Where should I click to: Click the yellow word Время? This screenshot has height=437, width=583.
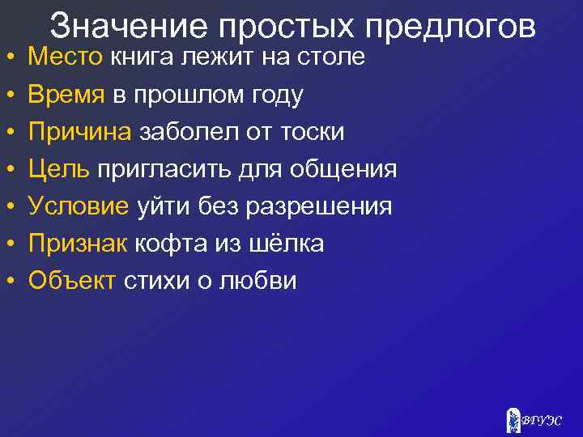coord(66,95)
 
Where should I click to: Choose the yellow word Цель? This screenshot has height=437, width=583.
coord(59,170)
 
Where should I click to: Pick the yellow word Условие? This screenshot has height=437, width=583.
coord(79,207)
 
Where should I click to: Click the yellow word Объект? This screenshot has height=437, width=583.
coord(72,282)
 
